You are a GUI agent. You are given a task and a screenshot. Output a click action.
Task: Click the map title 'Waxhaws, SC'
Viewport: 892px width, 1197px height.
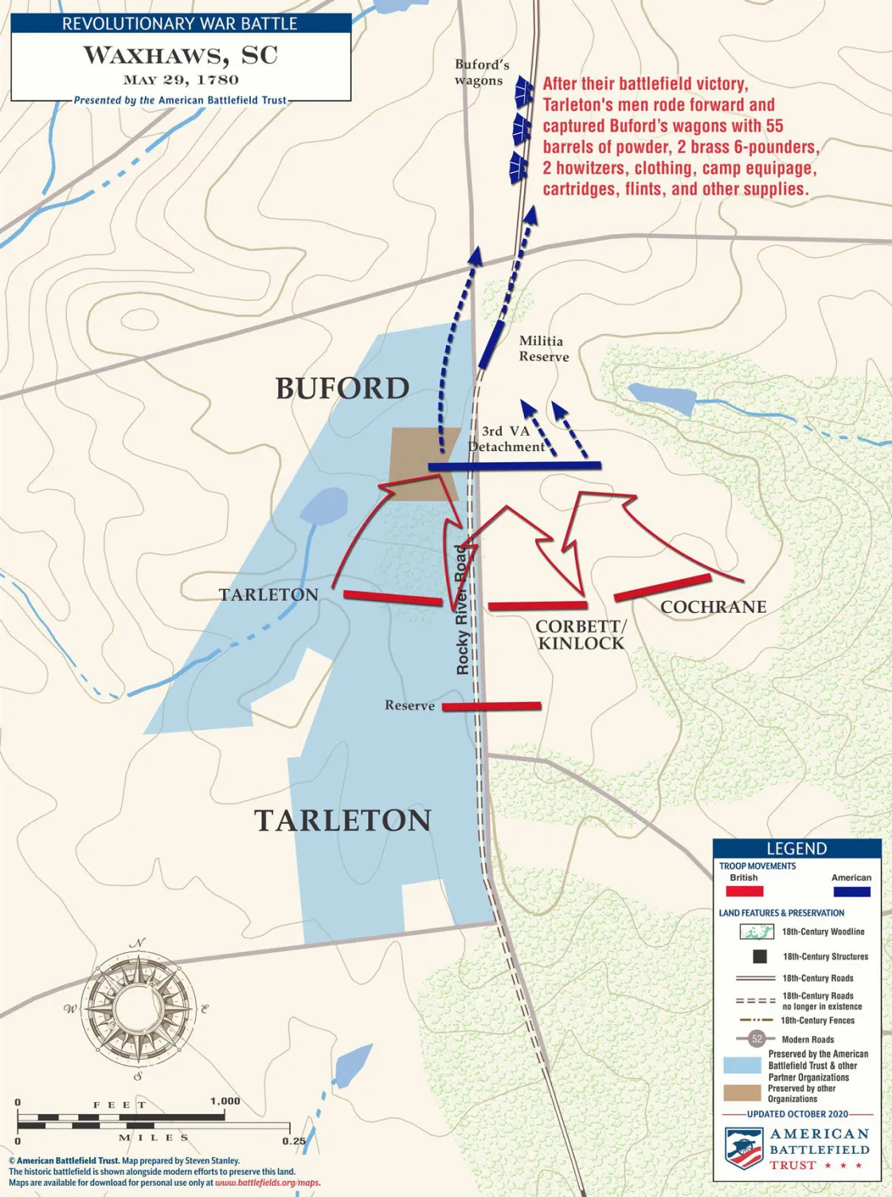point(181,55)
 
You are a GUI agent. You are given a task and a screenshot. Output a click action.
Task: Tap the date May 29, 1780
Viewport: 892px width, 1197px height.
point(181,80)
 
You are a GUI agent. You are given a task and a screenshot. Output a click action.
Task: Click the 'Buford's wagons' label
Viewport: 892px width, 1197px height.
point(481,72)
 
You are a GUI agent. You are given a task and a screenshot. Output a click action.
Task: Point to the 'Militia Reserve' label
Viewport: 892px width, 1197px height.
point(543,349)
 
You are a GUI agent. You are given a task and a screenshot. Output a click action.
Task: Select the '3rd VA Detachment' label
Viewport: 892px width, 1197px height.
point(507,439)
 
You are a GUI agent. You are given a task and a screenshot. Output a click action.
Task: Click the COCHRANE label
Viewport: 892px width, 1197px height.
point(713,607)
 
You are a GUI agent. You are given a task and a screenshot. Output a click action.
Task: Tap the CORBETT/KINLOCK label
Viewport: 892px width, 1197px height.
point(581,635)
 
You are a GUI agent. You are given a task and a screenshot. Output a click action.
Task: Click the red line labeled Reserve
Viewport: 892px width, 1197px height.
point(491,706)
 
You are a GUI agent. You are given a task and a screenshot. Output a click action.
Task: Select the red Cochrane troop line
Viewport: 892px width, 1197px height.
point(662,587)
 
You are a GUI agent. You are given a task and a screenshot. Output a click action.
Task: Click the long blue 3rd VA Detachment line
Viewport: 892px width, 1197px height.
point(514,465)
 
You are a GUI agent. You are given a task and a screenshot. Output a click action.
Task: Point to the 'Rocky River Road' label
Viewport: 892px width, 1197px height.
point(462,610)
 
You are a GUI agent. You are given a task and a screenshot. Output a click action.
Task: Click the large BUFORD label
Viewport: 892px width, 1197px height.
point(342,389)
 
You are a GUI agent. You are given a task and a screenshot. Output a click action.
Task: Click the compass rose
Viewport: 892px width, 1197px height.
point(140,1008)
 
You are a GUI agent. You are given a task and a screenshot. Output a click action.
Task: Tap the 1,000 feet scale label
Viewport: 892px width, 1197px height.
point(225,1101)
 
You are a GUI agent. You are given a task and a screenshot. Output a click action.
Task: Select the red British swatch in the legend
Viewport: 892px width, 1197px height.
point(744,891)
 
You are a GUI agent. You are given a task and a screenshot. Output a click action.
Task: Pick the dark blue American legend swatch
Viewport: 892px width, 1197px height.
point(851,891)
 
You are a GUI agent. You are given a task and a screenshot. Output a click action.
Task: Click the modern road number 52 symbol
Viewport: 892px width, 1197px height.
point(757,1038)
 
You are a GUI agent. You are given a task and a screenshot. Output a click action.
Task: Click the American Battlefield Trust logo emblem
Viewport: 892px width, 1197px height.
point(743,1148)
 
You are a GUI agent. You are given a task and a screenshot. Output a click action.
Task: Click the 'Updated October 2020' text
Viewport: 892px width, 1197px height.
point(797,1113)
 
